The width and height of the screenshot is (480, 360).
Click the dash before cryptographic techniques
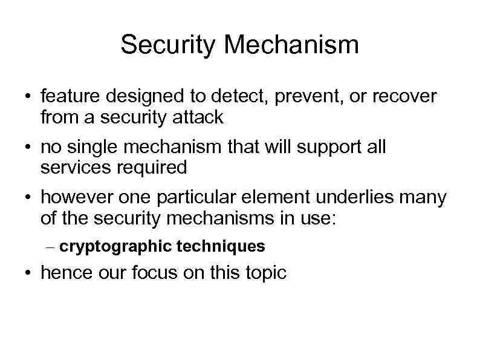tap(51, 247)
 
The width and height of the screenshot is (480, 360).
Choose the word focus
tap(152, 273)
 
